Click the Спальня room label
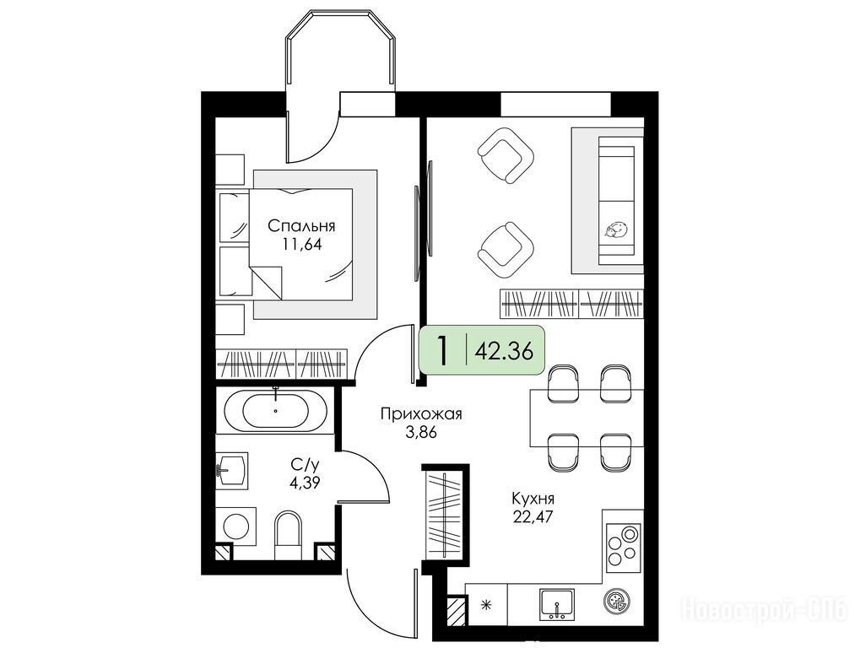(x=301, y=226)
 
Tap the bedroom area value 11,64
(x=301, y=244)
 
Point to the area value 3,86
(x=421, y=433)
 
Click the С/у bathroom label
(x=305, y=465)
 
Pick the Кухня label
(x=533, y=499)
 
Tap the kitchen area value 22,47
(x=532, y=516)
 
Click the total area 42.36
(x=504, y=350)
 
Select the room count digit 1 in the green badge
(x=441, y=350)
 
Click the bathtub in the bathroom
(x=275, y=409)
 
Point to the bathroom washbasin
(x=233, y=469)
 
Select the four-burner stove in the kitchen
(x=624, y=546)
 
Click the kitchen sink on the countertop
(x=557, y=604)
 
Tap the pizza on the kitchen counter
(x=617, y=602)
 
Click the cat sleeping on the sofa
(x=616, y=229)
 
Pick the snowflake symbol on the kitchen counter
(x=485, y=605)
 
